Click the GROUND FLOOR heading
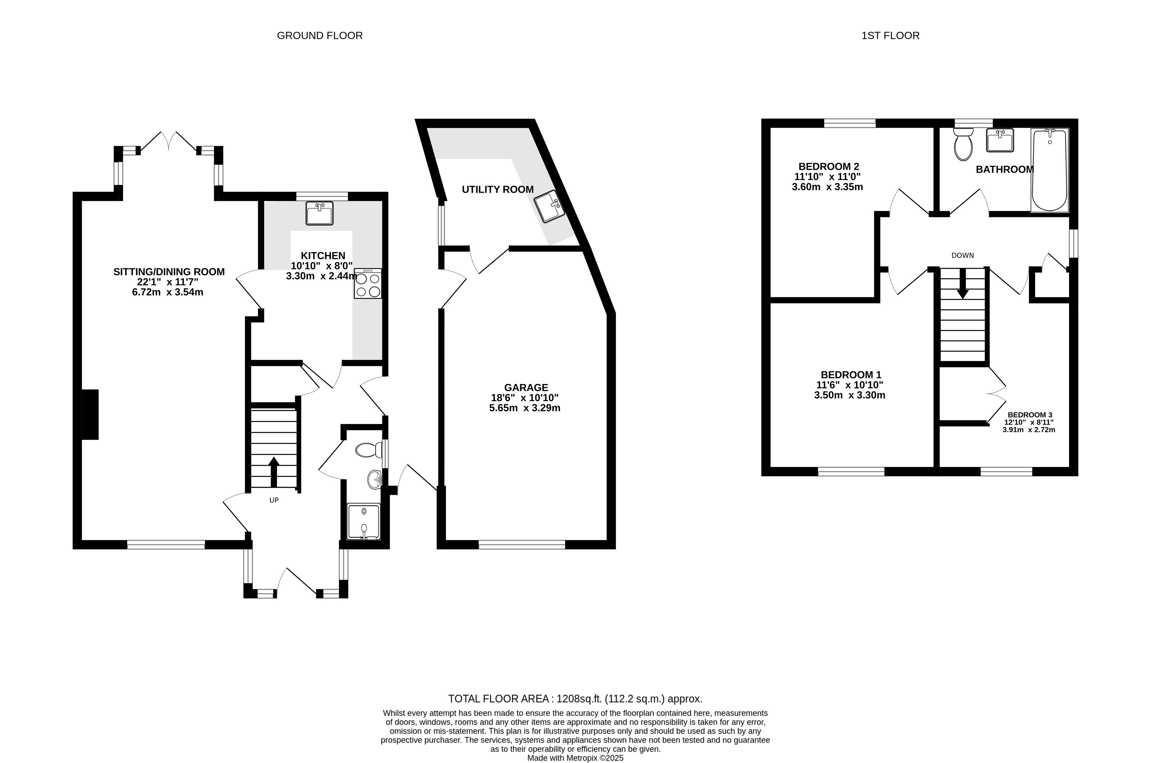[x=320, y=35]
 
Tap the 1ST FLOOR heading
[x=890, y=35]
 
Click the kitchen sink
[x=320, y=213]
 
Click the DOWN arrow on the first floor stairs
[x=963, y=283]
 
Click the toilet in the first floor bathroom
[x=963, y=144]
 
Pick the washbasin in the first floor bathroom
[x=1000, y=140]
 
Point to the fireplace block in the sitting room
[x=90, y=414]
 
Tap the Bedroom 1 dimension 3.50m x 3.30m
[x=850, y=395]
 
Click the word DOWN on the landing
[x=963, y=255]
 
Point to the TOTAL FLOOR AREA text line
[x=575, y=699]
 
